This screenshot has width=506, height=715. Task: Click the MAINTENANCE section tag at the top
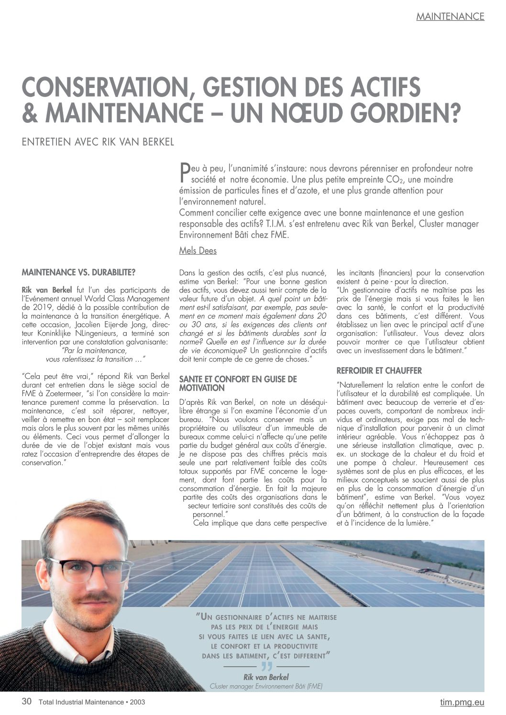(450, 16)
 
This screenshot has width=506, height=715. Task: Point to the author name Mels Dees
(198, 250)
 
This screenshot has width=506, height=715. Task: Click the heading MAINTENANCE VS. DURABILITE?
(79, 272)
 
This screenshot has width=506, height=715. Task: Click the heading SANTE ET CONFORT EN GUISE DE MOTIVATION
(238, 383)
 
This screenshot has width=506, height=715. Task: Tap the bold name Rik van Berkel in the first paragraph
(47, 290)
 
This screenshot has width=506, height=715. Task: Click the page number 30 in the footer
(27, 702)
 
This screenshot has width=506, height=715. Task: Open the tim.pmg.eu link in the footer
(462, 702)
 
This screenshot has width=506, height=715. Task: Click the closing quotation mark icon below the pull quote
(266, 667)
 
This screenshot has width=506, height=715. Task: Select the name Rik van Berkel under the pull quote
(266, 677)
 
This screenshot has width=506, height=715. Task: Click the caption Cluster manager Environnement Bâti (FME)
(266, 686)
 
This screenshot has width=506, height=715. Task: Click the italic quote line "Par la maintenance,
(94, 350)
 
